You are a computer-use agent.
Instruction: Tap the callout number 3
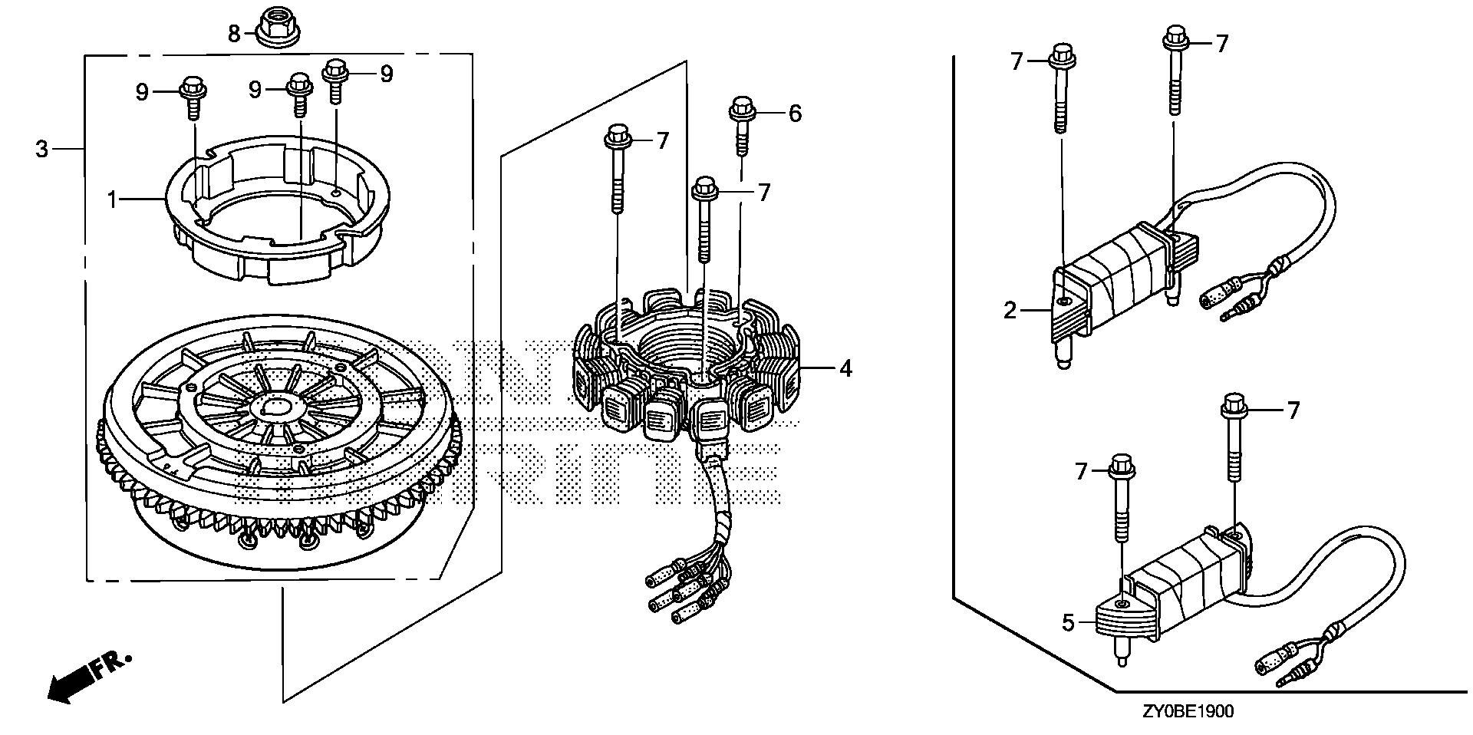[x=42, y=149]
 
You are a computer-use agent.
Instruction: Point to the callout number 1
[x=113, y=201]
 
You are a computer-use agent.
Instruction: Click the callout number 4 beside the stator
[x=845, y=369]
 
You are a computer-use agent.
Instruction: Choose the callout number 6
[x=795, y=114]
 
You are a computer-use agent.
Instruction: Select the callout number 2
[x=1010, y=311]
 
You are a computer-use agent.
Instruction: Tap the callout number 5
[x=1069, y=623]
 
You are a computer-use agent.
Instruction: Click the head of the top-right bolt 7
[x=1174, y=36]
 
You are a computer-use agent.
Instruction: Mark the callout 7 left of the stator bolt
[x=662, y=140]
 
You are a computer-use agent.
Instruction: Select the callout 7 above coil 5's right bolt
[x=1293, y=411]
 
